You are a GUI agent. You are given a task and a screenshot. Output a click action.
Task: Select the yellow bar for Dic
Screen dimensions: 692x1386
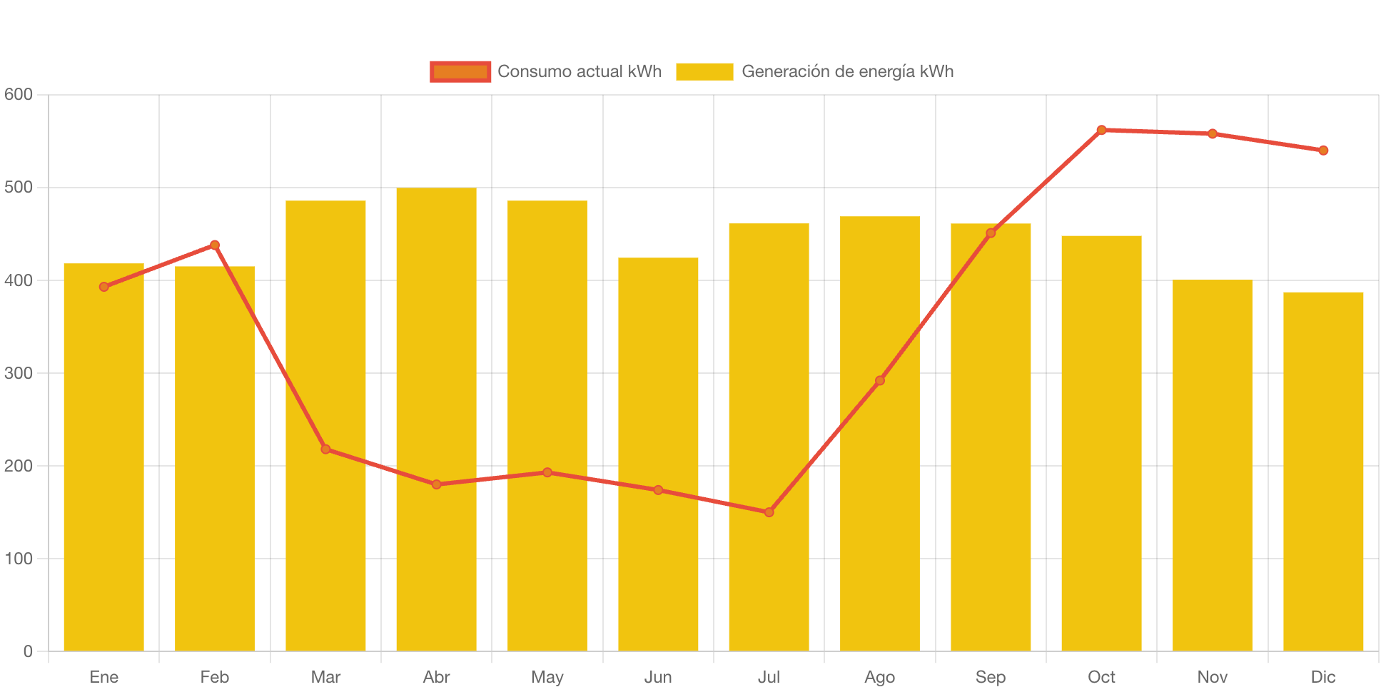1323,471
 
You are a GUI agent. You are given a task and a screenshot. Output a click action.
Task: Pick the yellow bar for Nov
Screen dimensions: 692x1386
1212,464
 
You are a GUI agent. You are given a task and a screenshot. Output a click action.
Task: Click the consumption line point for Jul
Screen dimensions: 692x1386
769,512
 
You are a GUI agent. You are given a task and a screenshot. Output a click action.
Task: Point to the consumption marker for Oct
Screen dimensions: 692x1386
1101,130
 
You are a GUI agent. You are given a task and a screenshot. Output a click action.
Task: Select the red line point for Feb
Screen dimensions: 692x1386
215,245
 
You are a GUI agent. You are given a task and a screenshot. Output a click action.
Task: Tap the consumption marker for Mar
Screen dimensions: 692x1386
325,449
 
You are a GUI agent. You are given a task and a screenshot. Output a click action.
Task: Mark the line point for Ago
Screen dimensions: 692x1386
880,380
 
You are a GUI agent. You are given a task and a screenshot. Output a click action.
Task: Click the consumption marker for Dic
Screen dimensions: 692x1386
1323,151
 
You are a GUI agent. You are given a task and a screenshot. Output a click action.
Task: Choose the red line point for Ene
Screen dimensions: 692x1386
104,287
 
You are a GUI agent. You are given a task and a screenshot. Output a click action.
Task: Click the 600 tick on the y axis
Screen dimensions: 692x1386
19,94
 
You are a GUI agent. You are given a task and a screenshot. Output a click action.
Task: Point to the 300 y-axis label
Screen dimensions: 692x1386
19,373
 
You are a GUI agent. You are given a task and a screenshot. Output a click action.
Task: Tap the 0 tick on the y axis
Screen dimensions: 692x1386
28,651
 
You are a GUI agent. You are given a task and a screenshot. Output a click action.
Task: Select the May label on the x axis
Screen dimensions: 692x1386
547,677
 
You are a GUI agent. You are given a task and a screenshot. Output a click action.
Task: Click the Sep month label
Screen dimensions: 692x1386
991,677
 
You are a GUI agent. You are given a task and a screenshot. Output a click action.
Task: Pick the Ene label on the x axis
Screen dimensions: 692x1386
104,677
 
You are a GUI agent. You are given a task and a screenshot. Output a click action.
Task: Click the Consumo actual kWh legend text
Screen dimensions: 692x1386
580,71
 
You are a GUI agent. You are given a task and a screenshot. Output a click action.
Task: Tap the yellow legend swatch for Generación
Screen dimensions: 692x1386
704,71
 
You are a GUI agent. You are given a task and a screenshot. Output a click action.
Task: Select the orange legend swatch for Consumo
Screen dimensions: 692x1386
460,71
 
